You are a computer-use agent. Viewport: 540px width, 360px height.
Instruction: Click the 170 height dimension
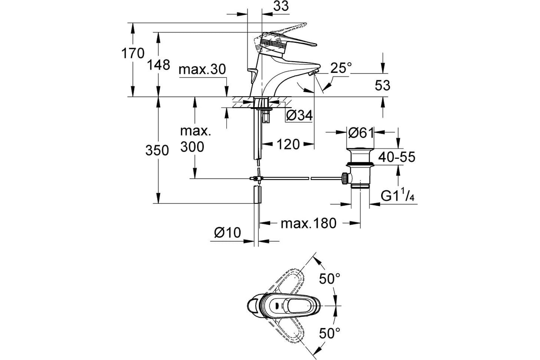[133, 54]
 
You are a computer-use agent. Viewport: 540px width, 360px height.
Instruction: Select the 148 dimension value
[158, 65]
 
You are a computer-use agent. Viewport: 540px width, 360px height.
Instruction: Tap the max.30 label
[202, 69]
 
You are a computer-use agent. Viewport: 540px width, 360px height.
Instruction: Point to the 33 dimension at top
[281, 6]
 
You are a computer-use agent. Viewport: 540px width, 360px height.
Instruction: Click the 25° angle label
[341, 68]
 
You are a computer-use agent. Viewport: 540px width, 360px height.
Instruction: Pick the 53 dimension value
[382, 85]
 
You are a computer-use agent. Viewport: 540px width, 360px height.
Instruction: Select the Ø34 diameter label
[299, 116]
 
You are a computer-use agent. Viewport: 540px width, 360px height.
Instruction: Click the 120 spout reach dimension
[288, 144]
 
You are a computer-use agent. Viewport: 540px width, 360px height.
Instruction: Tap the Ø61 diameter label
[360, 132]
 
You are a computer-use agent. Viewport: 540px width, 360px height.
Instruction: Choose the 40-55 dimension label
[396, 157]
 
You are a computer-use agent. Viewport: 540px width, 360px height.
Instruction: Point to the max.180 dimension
[308, 223]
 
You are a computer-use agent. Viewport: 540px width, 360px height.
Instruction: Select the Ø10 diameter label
[227, 233]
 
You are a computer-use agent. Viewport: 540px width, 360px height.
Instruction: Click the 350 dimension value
[157, 151]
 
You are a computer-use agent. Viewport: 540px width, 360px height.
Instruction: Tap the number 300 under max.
[192, 147]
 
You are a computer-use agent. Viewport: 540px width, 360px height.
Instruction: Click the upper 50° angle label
[329, 279]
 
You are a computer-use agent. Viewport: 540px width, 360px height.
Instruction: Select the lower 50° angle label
[329, 333]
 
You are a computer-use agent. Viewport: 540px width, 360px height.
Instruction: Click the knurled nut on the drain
[345, 179]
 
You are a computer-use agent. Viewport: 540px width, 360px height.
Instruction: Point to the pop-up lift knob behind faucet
[252, 75]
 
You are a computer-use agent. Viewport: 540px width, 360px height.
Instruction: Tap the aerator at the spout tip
[313, 72]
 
